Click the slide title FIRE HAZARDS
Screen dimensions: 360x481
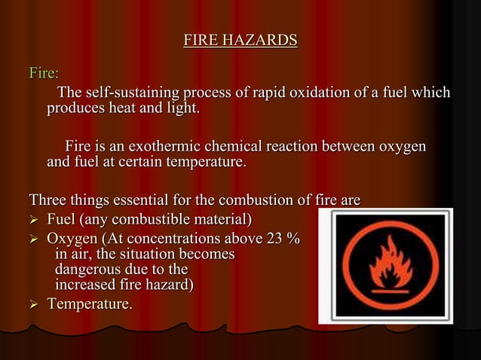tap(240, 40)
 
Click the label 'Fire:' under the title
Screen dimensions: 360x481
tap(44, 74)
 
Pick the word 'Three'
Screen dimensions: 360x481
tap(48, 200)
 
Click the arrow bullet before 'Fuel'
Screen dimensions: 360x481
tap(34, 220)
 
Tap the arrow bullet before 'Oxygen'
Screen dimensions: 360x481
tap(34, 239)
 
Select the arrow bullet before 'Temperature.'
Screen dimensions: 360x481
tap(34, 304)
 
